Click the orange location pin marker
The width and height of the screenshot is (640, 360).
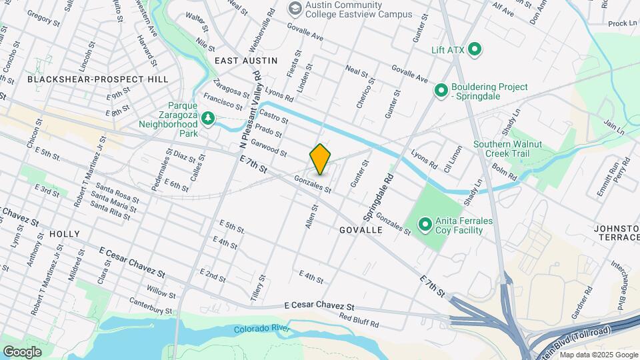point(320,159)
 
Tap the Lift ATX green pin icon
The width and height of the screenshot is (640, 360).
point(475,49)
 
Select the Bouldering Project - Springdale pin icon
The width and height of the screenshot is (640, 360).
point(441,89)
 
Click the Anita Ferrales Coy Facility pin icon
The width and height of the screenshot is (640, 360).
point(424,224)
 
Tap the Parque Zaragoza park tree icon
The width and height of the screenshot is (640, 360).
point(209,118)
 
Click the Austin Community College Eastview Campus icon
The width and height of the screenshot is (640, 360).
point(293,8)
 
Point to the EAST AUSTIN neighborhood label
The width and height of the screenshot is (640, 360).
point(245,60)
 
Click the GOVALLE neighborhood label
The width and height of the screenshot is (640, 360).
point(361,229)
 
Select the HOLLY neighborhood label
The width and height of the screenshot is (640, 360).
point(64,234)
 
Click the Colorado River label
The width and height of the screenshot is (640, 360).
point(261,329)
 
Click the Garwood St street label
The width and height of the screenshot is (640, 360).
point(269,149)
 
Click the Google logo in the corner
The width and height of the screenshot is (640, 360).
point(22,351)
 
